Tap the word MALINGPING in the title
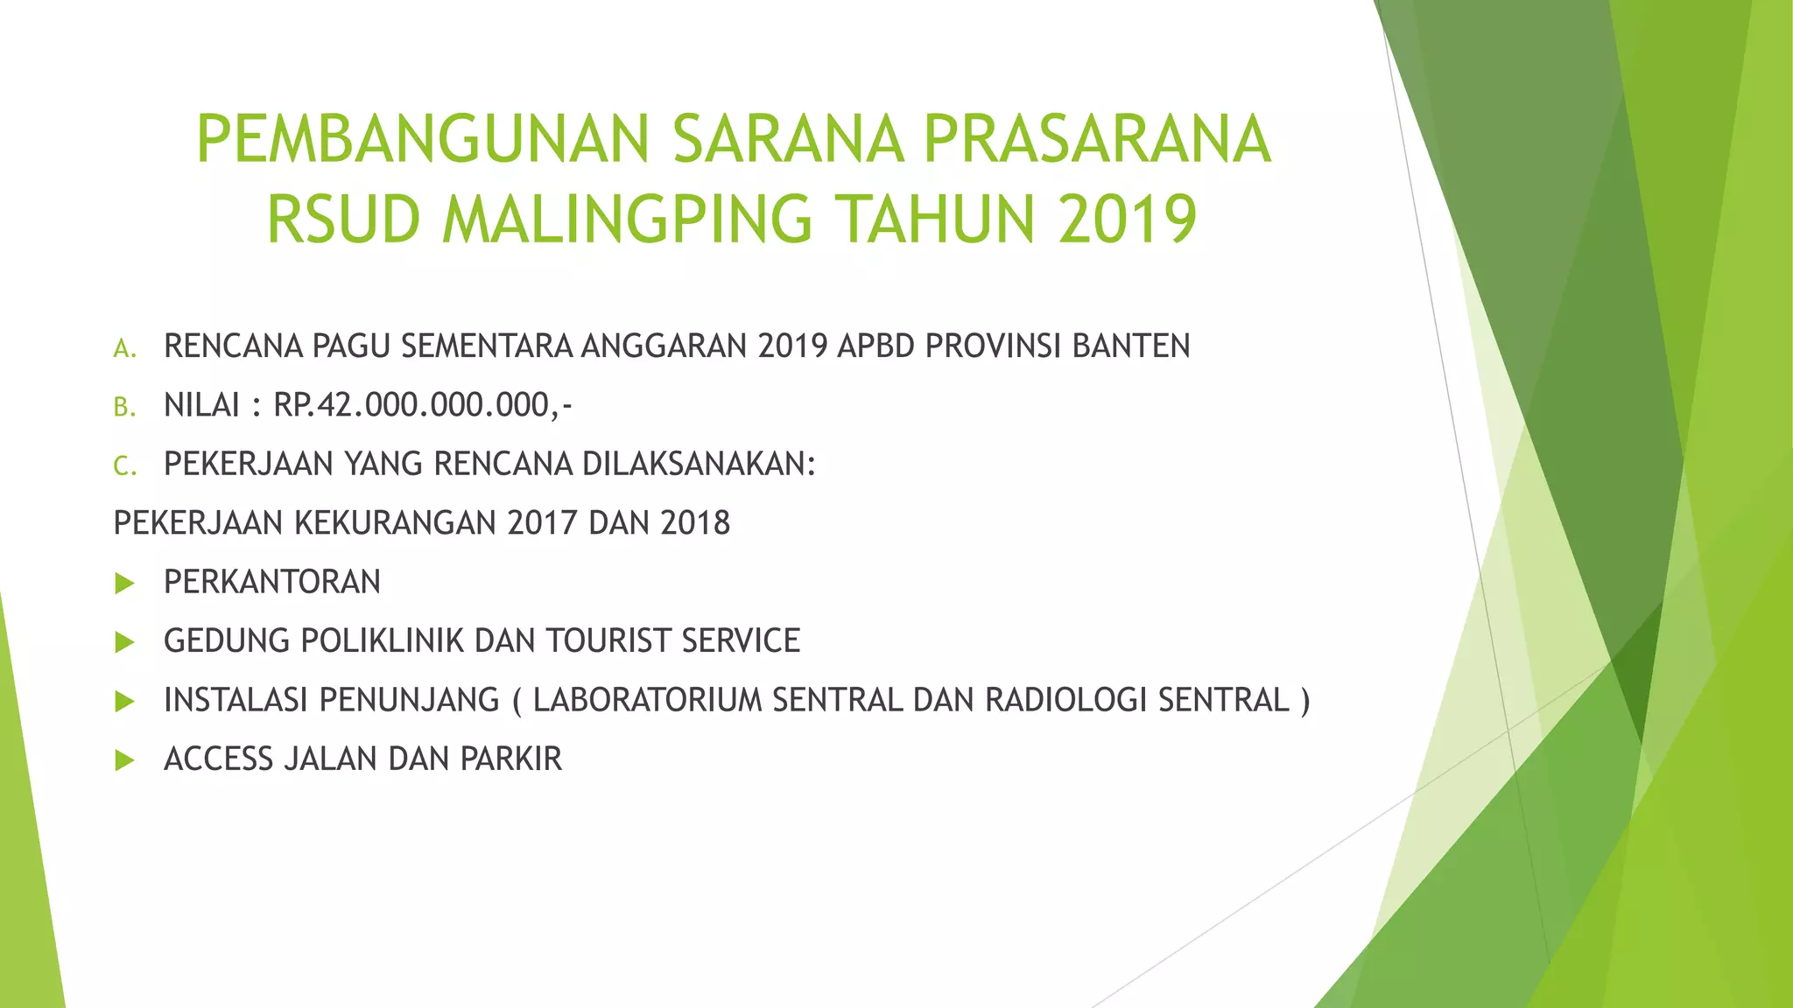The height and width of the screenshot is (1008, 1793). click(x=627, y=220)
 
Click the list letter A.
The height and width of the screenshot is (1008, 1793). click(x=124, y=349)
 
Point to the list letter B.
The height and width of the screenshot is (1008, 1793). click(x=124, y=408)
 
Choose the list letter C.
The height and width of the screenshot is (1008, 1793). click(x=124, y=466)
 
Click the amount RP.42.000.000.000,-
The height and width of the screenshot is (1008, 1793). click(x=423, y=406)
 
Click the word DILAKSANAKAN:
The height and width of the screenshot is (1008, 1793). click(x=699, y=465)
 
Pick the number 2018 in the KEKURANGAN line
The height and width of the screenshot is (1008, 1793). click(x=695, y=523)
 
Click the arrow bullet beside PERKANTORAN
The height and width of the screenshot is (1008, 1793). click(x=124, y=584)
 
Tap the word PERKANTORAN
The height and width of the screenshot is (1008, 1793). click(x=272, y=582)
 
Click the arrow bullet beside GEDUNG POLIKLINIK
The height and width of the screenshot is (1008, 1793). click(x=124, y=643)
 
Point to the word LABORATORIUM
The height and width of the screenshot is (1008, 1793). click(x=648, y=701)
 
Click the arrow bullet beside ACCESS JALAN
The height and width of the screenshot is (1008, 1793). click(x=124, y=760)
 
